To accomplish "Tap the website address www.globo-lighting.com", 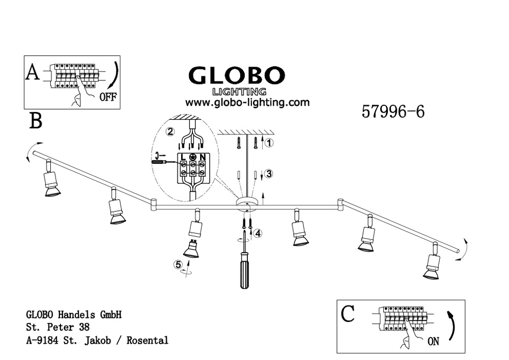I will [x=247, y=102].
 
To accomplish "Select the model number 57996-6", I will [x=392, y=111].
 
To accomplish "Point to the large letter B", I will [x=36, y=121].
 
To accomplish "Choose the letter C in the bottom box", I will [x=347, y=315].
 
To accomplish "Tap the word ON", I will [x=434, y=342].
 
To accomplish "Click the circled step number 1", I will [x=270, y=143].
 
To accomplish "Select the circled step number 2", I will [x=171, y=131].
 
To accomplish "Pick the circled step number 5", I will [x=178, y=264].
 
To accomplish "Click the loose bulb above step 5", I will [x=191, y=248].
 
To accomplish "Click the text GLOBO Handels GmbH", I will [x=73, y=315].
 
